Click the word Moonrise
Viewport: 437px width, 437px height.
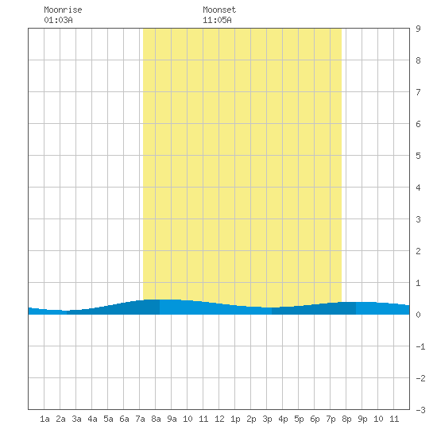tap(63, 10)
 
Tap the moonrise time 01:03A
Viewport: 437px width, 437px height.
tap(58, 20)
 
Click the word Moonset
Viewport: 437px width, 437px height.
tap(219, 10)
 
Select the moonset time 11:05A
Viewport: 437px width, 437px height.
tap(217, 20)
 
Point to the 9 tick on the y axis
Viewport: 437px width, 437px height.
tap(418, 29)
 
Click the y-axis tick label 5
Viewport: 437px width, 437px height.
tap(418, 156)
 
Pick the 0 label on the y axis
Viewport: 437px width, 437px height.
tap(418, 315)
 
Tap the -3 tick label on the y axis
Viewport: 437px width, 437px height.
tap(420, 410)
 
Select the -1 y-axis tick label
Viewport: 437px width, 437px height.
tap(420, 346)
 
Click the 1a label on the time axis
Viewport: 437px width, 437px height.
tap(44, 419)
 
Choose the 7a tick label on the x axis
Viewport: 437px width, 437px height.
tap(140, 419)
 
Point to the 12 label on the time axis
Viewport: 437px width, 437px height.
tap(219, 419)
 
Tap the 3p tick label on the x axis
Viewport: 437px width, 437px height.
tap(267, 419)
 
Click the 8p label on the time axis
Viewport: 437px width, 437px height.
tap(346, 419)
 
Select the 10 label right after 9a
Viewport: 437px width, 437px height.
tap(188, 419)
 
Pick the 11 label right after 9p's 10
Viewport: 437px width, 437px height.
tap(394, 419)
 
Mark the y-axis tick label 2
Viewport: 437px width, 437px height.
tap(418, 251)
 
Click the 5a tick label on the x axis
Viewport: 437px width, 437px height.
tap(108, 419)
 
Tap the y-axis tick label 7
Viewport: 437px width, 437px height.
tap(418, 92)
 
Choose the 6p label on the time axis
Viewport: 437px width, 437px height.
tap(315, 419)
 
